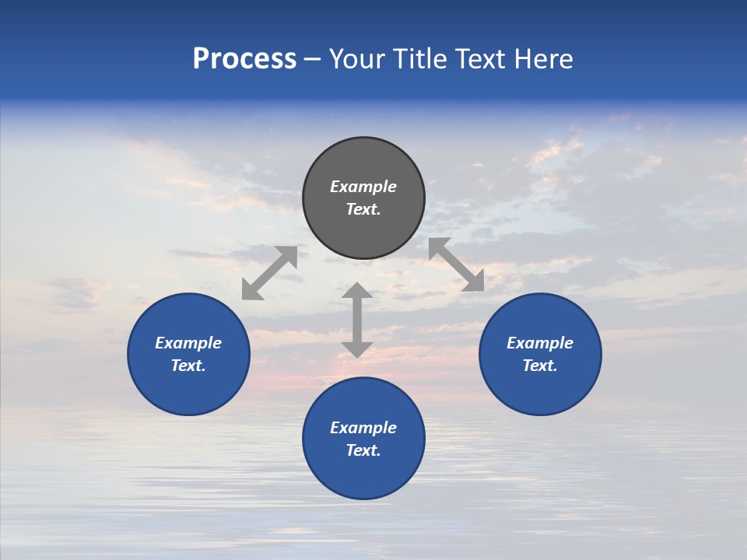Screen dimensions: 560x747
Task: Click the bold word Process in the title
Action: (x=244, y=59)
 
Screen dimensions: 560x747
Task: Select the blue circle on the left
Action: (x=188, y=389)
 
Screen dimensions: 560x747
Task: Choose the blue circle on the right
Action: (x=540, y=389)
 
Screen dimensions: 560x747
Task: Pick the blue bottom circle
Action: (x=363, y=474)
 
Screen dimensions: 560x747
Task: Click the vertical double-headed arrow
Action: (x=357, y=320)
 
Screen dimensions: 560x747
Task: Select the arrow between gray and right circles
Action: (x=457, y=264)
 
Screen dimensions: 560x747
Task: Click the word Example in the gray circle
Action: (x=363, y=187)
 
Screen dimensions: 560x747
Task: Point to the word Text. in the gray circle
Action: (x=363, y=209)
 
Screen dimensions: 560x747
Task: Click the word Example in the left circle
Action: (x=188, y=343)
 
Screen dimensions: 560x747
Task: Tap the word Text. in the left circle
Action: (x=188, y=366)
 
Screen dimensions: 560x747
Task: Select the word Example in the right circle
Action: (x=540, y=343)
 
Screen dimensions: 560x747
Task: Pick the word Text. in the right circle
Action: (x=540, y=366)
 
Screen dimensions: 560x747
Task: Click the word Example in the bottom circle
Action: (x=363, y=428)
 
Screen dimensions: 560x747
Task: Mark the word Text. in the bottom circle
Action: (x=363, y=450)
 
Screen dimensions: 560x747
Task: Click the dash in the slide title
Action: (x=313, y=60)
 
